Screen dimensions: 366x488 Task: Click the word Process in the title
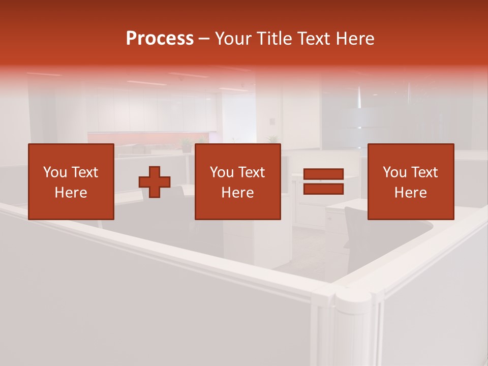[x=160, y=39]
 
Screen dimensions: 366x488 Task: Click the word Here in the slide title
[x=354, y=39]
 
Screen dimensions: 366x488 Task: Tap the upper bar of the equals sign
[x=323, y=174]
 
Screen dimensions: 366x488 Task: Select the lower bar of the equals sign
[x=323, y=189]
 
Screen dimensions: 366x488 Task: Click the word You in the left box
[x=55, y=172]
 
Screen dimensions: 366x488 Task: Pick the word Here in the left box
[x=71, y=193]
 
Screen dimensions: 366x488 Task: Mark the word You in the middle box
[x=222, y=172]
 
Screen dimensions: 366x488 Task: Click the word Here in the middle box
[x=237, y=193]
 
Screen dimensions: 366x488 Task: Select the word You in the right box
[x=394, y=172]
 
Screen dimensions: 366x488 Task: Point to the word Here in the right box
[x=410, y=193]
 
